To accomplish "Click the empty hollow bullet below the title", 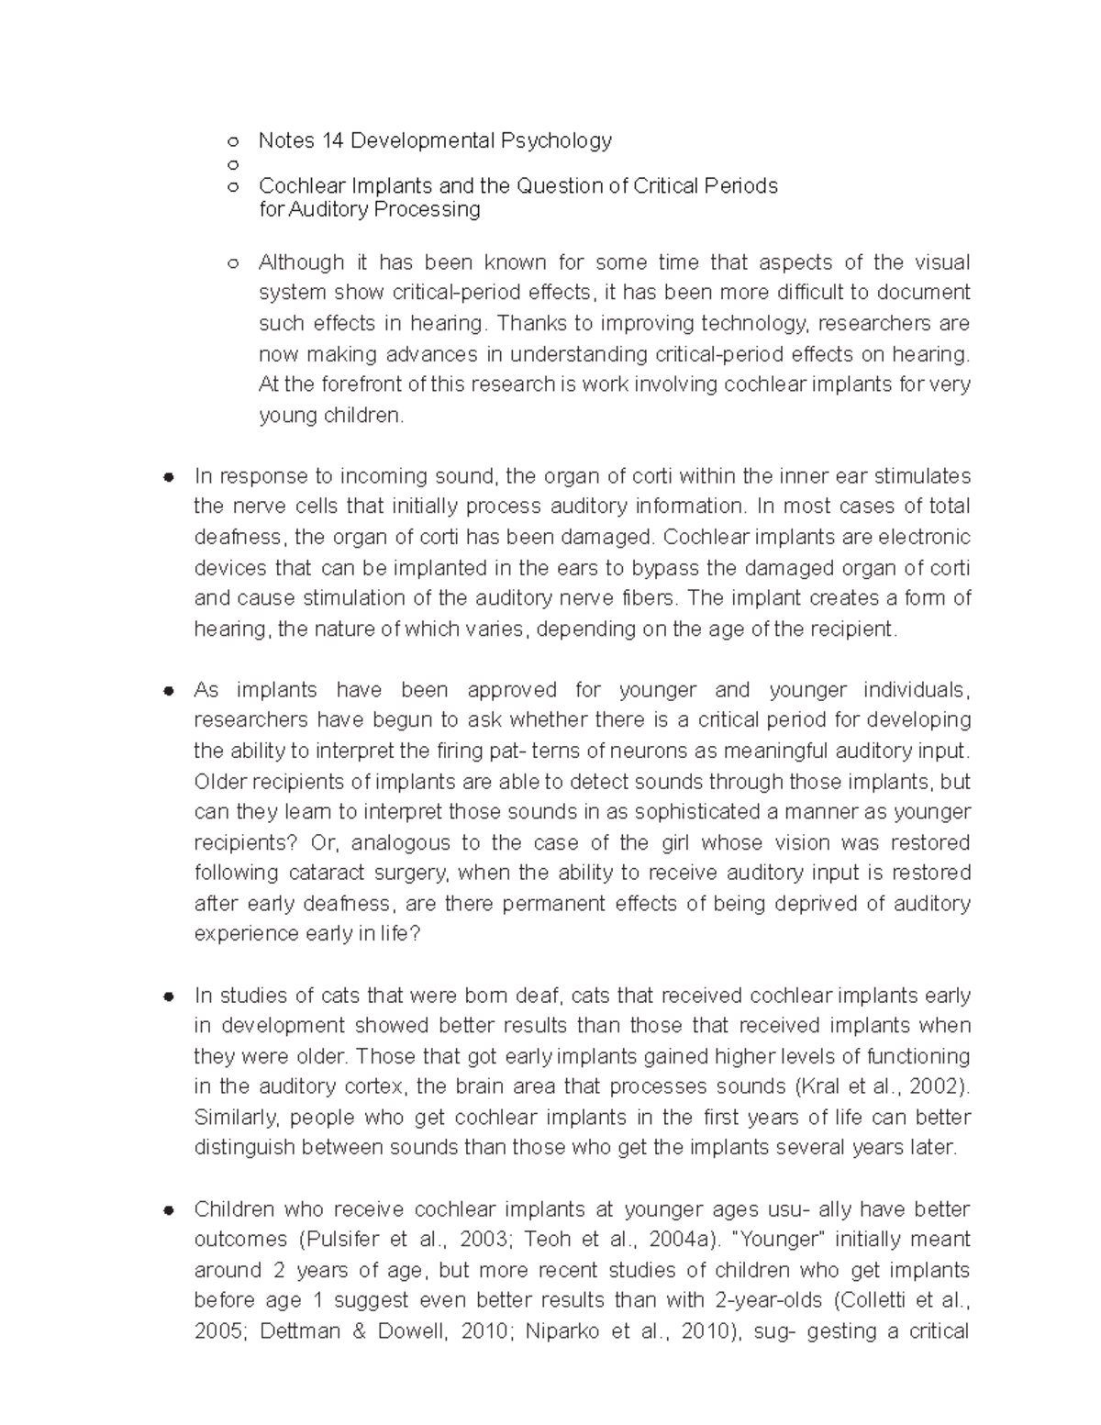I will pos(233,165).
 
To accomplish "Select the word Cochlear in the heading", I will pos(295,186).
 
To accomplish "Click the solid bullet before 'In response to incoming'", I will pos(168,477).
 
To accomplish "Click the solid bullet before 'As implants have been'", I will pos(168,691).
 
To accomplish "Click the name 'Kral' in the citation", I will pos(817,1086).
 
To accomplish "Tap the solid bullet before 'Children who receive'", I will pos(168,1210).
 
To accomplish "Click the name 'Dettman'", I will pos(299,1331).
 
